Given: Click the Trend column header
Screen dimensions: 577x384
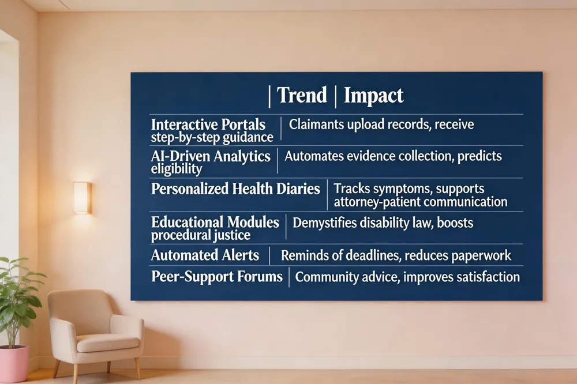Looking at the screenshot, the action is pos(302,95).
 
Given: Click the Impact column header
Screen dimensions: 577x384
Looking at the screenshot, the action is pos(373,96).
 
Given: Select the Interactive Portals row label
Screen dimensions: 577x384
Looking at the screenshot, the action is pos(208,125).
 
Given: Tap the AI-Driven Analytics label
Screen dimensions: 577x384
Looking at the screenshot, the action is pos(211,156).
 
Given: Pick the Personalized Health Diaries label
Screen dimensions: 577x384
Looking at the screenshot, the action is pos(235,189).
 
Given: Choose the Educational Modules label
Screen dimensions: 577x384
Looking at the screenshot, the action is pos(215,222).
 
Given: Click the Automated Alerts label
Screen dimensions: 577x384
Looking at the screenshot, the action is pos(205,255).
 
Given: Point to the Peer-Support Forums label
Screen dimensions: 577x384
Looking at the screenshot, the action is pos(217,276).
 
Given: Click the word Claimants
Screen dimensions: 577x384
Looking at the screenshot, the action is pos(316,125).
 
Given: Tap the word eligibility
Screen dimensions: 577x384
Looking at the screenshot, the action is pos(176,169).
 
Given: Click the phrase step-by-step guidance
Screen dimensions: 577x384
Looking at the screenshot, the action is pos(212,138).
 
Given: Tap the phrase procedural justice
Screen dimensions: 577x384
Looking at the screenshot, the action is pos(201,235).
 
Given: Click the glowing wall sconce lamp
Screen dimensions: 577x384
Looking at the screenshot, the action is pos(82,198).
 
